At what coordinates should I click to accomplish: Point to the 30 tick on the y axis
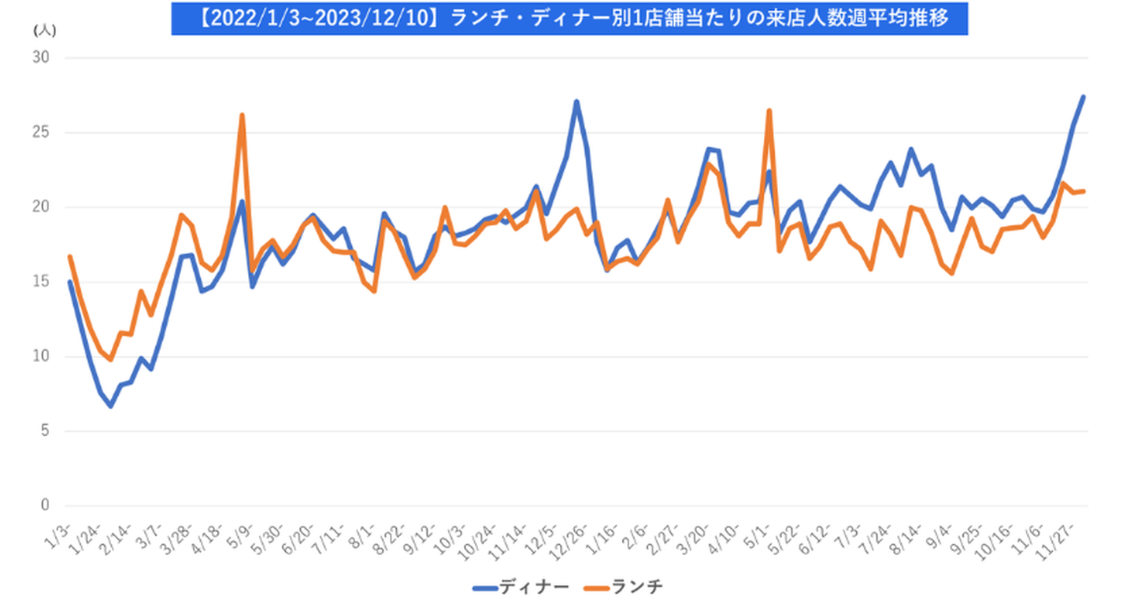point(41,58)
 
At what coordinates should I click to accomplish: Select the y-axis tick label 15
point(41,282)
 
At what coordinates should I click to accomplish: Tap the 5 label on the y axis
point(44,431)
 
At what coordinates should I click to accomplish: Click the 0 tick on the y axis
point(44,506)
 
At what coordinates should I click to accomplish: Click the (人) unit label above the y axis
point(43,29)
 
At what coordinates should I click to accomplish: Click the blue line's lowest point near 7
point(111,406)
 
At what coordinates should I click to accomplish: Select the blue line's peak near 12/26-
point(576,101)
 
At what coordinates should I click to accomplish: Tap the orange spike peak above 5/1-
point(769,110)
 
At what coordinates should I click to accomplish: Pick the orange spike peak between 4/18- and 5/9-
point(242,115)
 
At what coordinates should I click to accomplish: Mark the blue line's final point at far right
point(1084,97)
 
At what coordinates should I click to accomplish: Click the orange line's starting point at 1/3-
point(70,257)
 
